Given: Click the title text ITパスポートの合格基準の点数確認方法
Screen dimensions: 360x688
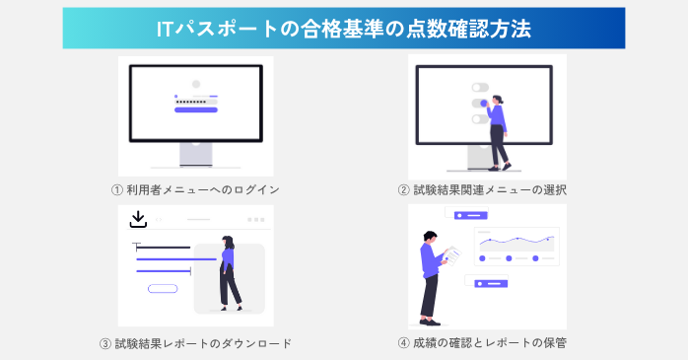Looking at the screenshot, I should coord(343,29).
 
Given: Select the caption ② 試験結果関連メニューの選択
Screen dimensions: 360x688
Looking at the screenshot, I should coord(482,189).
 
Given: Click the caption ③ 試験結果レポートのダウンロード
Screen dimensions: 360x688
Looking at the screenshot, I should coord(196,343).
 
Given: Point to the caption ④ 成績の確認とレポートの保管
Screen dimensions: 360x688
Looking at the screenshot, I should coord(482,343).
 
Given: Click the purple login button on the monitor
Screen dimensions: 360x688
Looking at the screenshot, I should coord(195,111).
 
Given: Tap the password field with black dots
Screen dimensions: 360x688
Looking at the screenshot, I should coord(195,101).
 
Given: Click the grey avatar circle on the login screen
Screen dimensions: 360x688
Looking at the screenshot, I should coord(195,85).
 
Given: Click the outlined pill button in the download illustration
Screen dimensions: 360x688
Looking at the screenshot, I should coord(162,288).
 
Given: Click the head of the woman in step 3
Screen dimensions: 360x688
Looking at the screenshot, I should coord(228,240).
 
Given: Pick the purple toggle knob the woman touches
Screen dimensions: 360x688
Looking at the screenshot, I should coord(484,102).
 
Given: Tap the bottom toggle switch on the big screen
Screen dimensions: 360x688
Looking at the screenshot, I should coord(480,118).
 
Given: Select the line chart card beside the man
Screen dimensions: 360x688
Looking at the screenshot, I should coord(516,247).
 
